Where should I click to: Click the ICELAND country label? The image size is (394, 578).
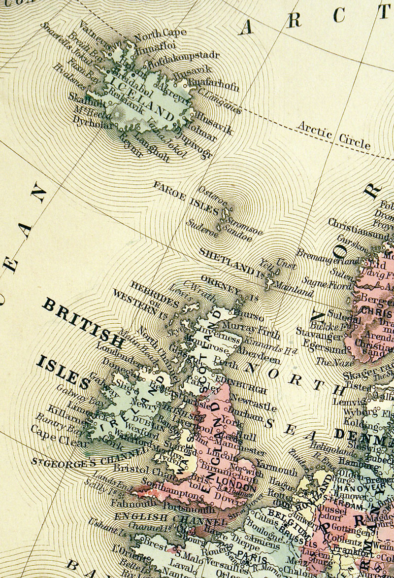pyautogui.click(x=143, y=98)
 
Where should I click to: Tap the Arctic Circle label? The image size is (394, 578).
pyautogui.click(x=333, y=134)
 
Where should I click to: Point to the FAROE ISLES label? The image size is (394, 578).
pyautogui.click(x=185, y=198)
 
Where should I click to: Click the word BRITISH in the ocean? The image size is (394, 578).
pyautogui.click(x=82, y=322)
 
